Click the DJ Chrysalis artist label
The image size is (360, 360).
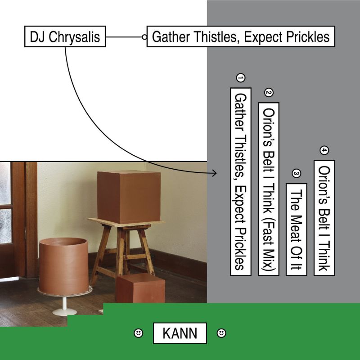(64, 36)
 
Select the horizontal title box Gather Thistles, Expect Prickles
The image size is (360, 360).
(241, 36)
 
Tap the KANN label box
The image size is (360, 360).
(180, 333)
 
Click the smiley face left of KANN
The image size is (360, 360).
(139, 333)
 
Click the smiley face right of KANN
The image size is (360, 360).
(221, 333)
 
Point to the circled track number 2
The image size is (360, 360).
(269, 93)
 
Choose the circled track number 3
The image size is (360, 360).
(296, 174)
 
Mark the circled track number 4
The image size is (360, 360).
(324, 150)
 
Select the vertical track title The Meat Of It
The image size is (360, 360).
(297, 229)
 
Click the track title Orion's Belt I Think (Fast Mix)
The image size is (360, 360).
(269, 189)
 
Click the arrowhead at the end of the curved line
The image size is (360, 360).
(214, 173)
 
